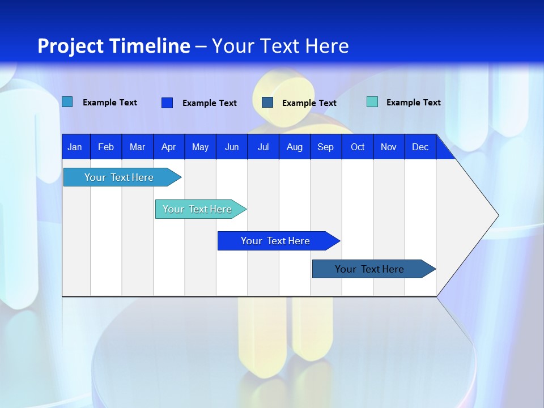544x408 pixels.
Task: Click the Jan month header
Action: pos(75,147)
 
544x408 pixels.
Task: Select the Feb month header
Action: pos(106,147)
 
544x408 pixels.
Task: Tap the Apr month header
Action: pos(168,147)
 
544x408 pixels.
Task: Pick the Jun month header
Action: pos(232,147)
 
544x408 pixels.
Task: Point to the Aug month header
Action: pos(294,147)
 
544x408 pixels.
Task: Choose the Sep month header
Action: pos(325,147)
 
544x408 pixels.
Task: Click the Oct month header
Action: pos(358,147)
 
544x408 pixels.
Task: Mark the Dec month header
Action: pos(420,147)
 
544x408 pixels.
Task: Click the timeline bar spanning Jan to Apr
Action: pos(119,177)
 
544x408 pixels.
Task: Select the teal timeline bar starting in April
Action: pos(197,209)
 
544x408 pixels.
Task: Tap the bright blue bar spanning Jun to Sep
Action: pos(275,241)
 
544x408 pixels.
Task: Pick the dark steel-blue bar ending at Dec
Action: pos(369,269)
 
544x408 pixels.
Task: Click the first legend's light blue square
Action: pos(67,102)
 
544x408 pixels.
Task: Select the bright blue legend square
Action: pos(167,103)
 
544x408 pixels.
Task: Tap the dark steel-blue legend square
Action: pos(267,103)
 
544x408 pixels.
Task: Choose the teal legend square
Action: pos(372,102)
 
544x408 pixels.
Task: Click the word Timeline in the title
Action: pos(150,46)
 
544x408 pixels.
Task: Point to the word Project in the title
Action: pos(70,46)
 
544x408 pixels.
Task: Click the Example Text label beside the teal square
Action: pos(413,103)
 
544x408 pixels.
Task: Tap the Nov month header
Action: pos(389,147)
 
